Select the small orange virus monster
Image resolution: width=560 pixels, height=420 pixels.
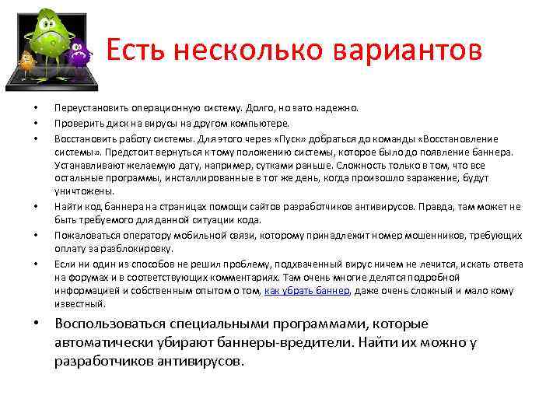(x=27, y=63)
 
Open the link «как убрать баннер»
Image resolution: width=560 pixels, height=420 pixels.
(x=306, y=291)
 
